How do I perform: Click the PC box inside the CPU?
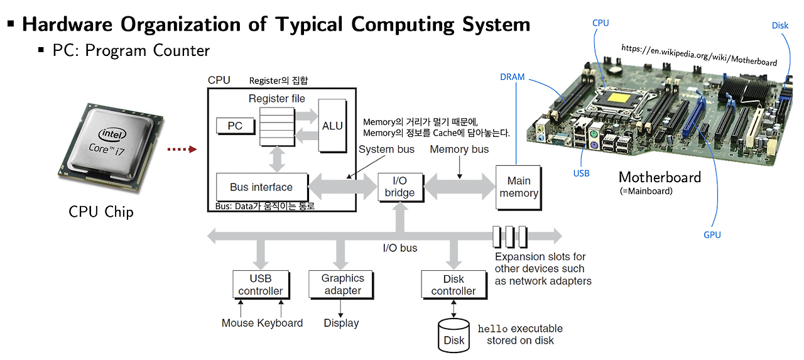click(x=235, y=126)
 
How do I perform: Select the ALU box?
click(x=332, y=126)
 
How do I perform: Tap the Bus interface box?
click(x=261, y=187)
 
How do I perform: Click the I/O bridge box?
click(x=399, y=187)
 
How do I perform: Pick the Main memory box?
click(x=518, y=187)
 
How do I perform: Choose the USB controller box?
click(x=261, y=285)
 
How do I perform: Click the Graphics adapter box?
click(x=342, y=285)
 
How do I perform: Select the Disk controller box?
click(x=454, y=285)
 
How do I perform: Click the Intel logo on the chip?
click(x=111, y=134)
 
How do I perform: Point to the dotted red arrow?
click(x=182, y=150)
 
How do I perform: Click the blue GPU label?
click(x=712, y=235)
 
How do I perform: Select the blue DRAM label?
click(x=512, y=77)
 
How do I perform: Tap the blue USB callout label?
click(x=581, y=173)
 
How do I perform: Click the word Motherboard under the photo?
click(x=660, y=177)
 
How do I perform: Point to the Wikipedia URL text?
click(x=698, y=55)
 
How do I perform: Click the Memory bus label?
click(x=459, y=150)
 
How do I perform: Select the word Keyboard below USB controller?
click(x=280, y=323)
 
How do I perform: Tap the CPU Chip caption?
click(x=101, y=212)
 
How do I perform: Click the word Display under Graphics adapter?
click(x=341, y=323)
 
